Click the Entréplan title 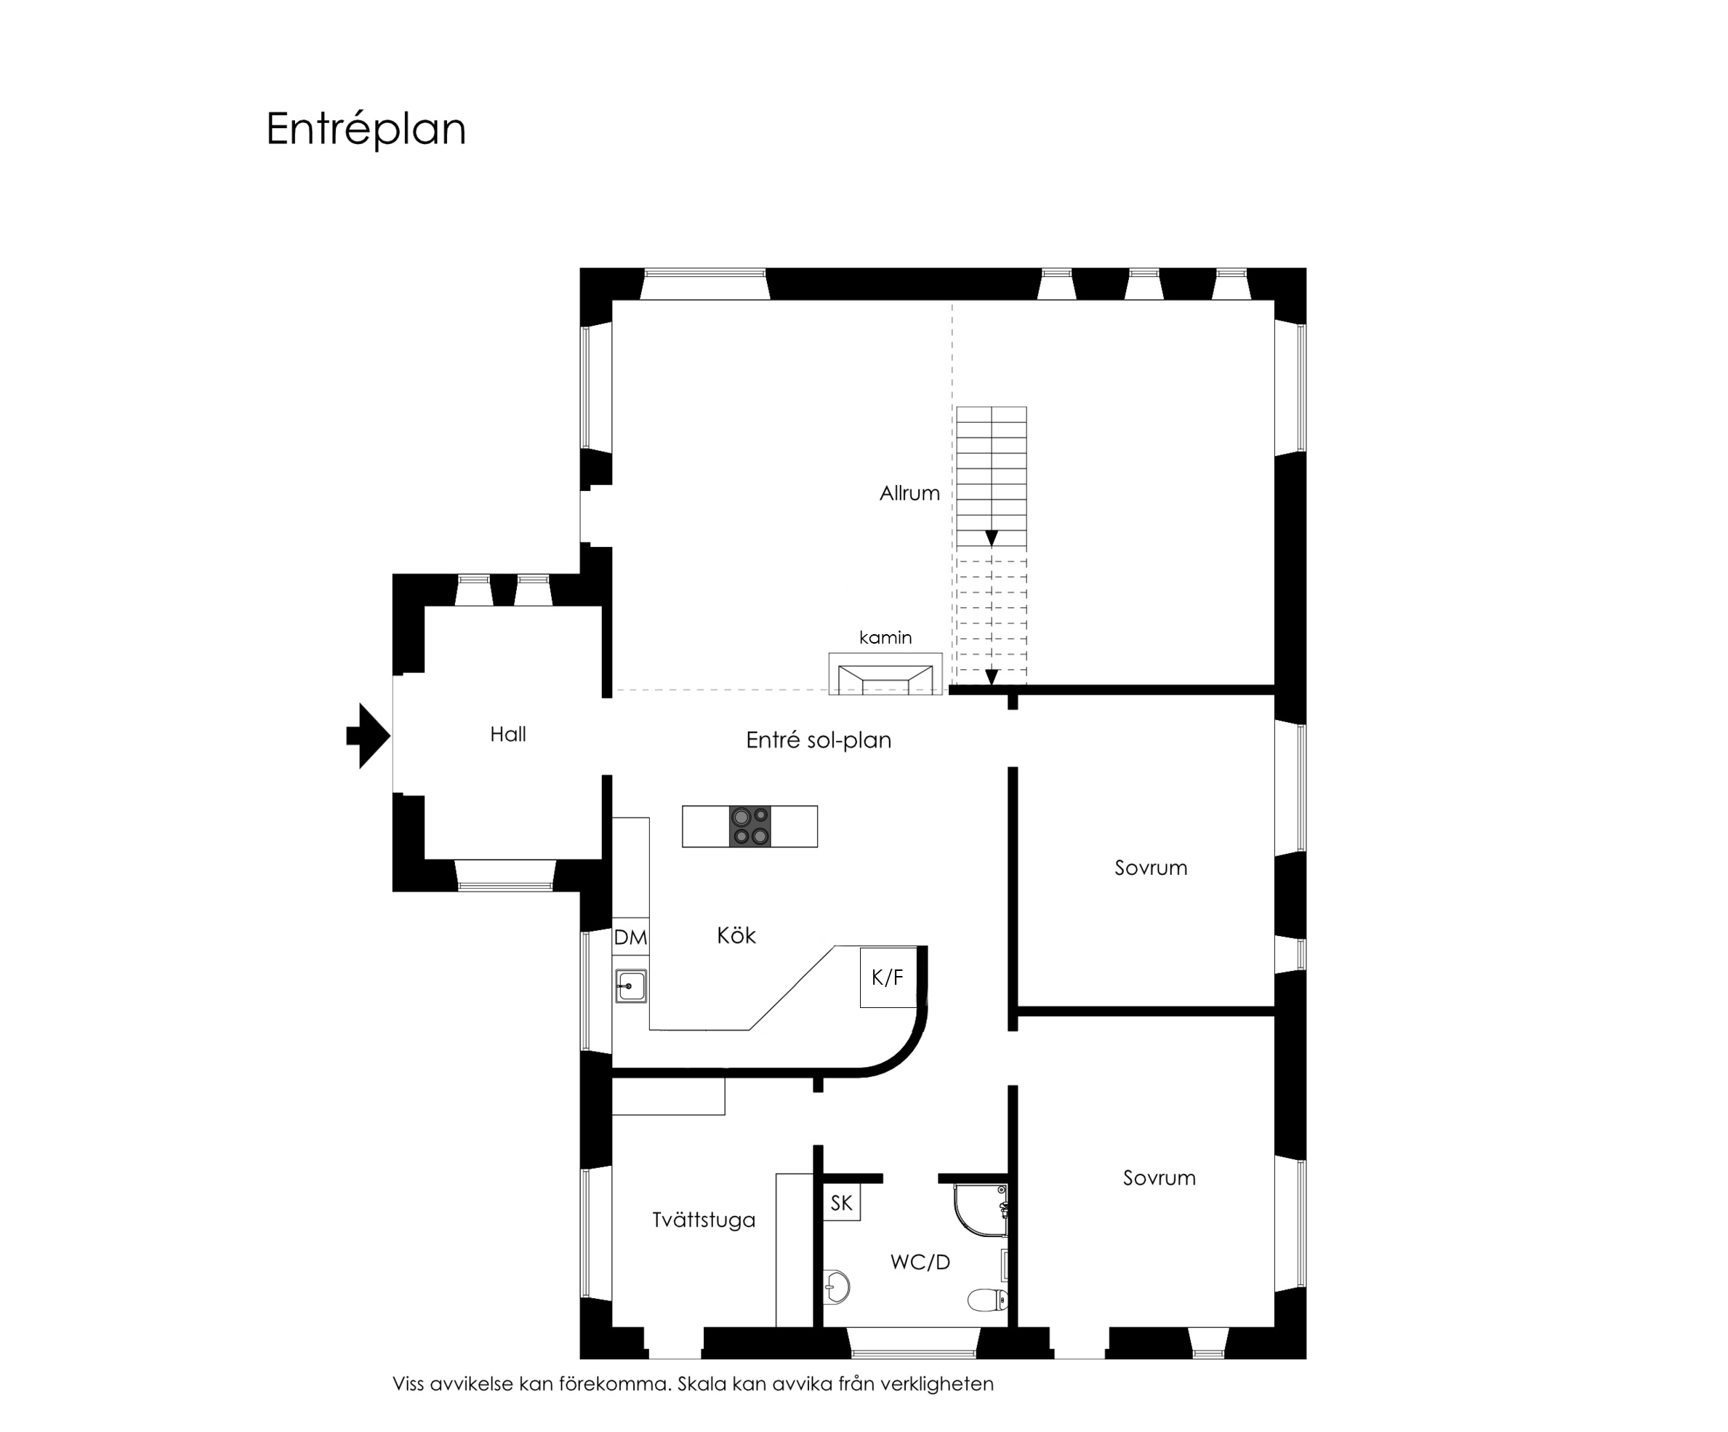pos(366,129)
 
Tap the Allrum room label pos(909,493)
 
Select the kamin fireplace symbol pos(885,674)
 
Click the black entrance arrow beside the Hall pos(368,736)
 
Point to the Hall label pos(507,734)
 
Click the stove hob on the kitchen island pos(750,826)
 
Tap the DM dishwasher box pos(630,937)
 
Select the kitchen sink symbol pos(631,986)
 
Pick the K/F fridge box pos(888,977)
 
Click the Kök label pos(736,935)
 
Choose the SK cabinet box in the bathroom pos(841,1203)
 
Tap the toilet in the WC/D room pos(987,1300)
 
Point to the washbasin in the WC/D pos(836,1287)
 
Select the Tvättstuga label pos(704,1220)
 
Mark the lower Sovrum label pos(1159,1177)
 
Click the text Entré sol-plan pos(818,740)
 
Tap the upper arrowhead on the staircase pos(992,538)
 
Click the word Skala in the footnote pos(702,1383)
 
